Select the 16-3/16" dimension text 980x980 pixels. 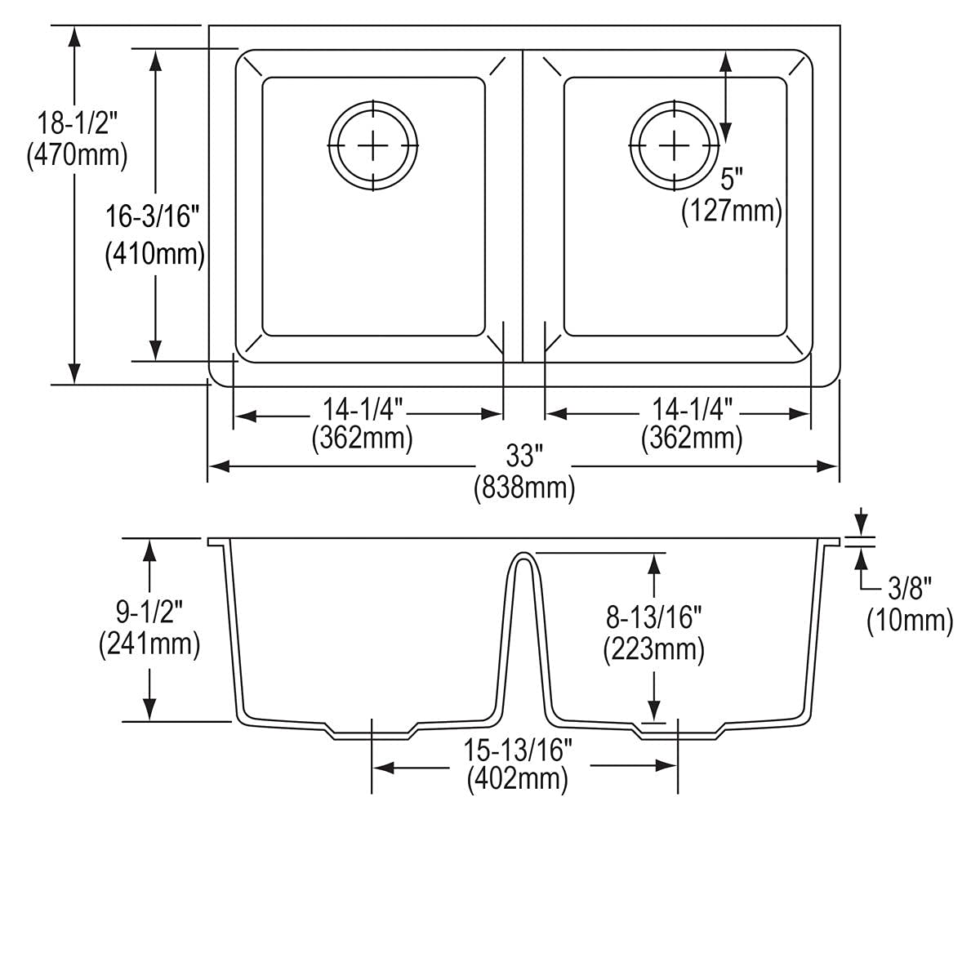click(153, 217)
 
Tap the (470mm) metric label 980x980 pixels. click(77, 154)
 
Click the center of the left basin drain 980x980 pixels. click(373, 145)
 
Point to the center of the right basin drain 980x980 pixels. click(675, 145)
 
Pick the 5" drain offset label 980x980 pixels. click(732, 178)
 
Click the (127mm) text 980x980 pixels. click(732, 212)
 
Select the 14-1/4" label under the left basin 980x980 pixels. click(362, 407)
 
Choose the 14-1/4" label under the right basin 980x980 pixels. click(692, 407)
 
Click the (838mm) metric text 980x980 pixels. click(524, 488)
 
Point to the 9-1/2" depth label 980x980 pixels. click(149, 610)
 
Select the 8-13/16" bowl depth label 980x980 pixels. click(653, 617)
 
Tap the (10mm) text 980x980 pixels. click(910, 621)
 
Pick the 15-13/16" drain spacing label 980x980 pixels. click(518, 748)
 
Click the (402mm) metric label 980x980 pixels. click(518, 779)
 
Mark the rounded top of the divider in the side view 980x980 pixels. click(523, 555)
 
